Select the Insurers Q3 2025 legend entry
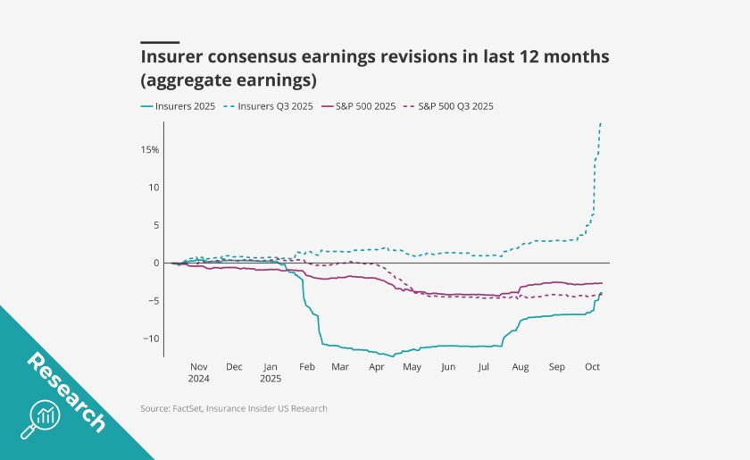click(277, 106)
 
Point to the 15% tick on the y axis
click(149, 150)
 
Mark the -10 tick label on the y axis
click(150, 339)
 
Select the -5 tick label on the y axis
click(153, 301)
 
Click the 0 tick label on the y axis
click(155, 263)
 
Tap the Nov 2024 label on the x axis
click(198, 372)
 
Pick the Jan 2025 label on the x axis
click(269, 372)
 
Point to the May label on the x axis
click(412, 366)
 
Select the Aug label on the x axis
click(521, 366)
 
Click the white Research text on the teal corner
click(66, 391)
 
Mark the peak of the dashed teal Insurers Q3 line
click(601, 122)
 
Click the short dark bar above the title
click(160, 42)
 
